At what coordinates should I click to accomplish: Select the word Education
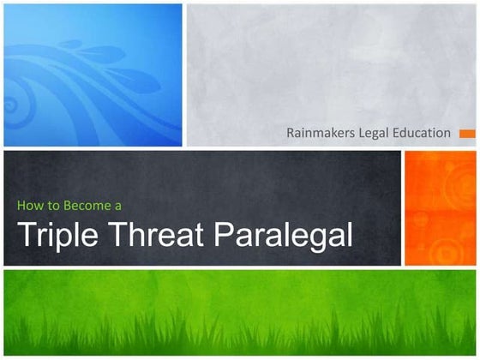click(x=424, y=133)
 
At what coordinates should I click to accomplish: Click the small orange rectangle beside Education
click(x=466, y=134)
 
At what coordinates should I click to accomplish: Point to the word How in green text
click(x=29, y=206)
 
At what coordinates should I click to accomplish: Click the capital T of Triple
click(x=26, y=233)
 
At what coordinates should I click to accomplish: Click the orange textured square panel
click(x=440, y=208)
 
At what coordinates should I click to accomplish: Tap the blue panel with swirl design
click(x=93, y=75)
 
